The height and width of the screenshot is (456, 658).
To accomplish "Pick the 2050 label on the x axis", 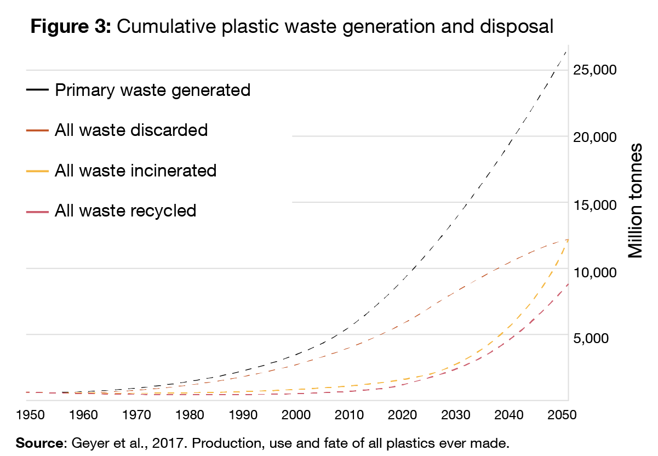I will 562,414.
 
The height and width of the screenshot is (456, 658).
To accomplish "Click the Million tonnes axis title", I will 635,201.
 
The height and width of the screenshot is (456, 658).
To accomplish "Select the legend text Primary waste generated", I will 152,90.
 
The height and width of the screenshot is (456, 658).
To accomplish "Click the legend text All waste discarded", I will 131,130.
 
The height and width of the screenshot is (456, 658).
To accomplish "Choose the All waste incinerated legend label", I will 135,170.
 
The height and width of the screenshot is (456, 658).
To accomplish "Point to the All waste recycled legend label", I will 125,210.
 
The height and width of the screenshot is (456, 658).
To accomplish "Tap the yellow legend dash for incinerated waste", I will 37,171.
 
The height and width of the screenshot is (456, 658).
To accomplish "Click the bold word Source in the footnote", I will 39,442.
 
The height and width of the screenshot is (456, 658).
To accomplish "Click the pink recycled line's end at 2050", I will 567,284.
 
